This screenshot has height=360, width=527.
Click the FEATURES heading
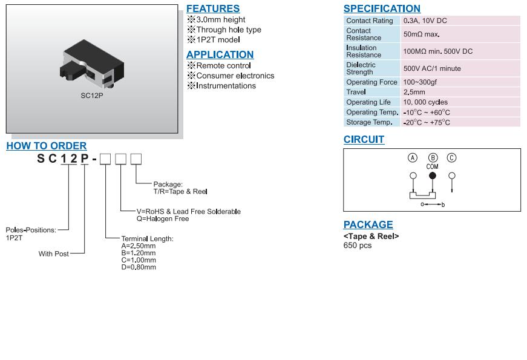point(212,8)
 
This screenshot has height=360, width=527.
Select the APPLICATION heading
point(220,54)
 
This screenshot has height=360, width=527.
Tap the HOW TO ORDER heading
point(47,146)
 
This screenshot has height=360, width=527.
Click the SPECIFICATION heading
point(382,8)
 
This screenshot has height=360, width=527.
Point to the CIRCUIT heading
point(364,139)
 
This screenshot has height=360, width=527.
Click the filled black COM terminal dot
point(432,176)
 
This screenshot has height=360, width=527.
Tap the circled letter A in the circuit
point(413,158)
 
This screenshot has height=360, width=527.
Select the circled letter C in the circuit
point(451,158)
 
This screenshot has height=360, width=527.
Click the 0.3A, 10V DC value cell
point(425,21)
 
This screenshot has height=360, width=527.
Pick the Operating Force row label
point(372,82)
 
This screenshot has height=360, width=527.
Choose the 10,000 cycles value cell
point(425,102)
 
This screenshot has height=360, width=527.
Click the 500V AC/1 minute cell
point(431,68)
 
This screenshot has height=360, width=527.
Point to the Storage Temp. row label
point(369,122)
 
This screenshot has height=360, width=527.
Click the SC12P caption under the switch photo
point(92,95)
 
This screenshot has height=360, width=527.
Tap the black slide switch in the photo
point(92,64)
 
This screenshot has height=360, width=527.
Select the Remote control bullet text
point(223,65)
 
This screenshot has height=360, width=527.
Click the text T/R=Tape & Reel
point(180,191)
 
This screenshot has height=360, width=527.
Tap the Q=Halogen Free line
point(155,218)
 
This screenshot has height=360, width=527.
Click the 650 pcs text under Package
point(357,245)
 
